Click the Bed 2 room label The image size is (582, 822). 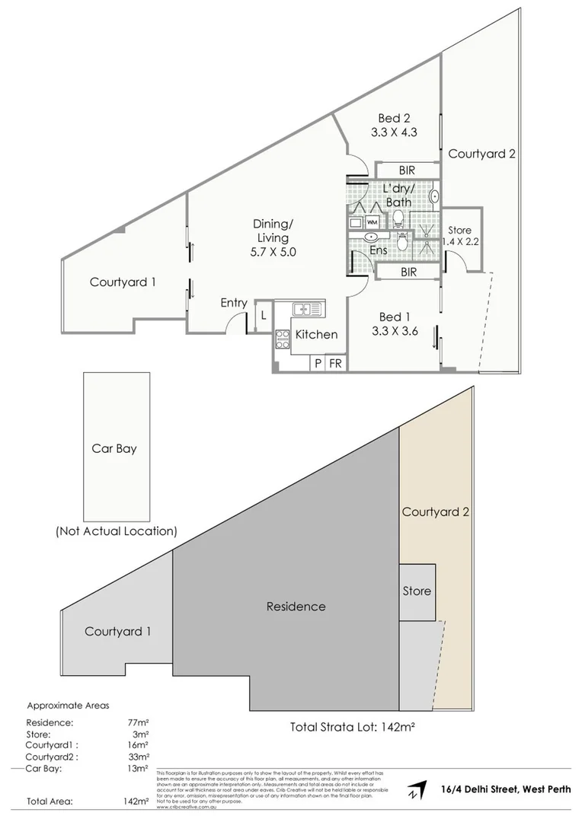pos(395,118)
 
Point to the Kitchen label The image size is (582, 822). pos(316,334)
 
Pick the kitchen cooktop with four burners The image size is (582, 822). pos(282,338)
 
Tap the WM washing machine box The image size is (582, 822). pos(373,221)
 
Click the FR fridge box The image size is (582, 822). pos(334,364)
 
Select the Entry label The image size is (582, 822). pos(234,303)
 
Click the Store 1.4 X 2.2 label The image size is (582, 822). pos(459,236)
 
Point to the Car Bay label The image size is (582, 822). pos(115,448)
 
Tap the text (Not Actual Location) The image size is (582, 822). pos(116,530)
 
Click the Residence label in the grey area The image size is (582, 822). pos(296,607)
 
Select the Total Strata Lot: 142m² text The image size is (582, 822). pos(352,726)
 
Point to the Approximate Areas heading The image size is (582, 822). pos(68,706)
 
